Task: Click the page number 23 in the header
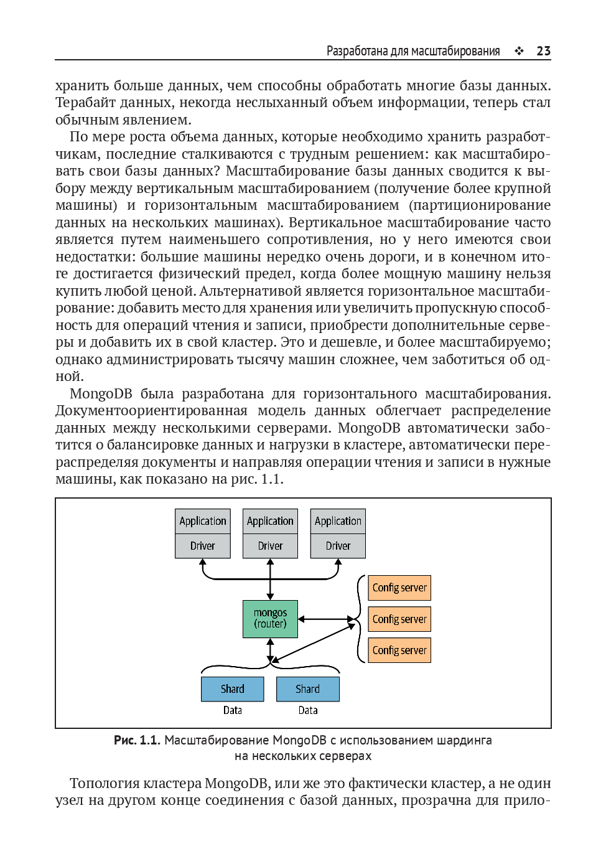coord(543,51)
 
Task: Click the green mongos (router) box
coord(270,619)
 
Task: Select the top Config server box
coord(399,588)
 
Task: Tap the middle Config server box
coord(399,619)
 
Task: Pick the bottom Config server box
coord(399,650)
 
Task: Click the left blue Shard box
coord(233,689)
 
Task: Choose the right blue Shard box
coord(308,689)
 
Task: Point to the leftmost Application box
coord(203,521)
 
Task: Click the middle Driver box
coord(270,546)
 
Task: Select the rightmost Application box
coord(338,521)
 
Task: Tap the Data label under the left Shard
coord(233,710)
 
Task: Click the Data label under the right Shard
coord(308,710)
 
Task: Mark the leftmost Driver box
coord(203,546)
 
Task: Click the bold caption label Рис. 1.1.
coord(137,740)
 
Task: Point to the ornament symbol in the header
coord(519,51)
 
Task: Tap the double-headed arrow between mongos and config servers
coord(325,619)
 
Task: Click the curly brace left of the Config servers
coord(360,619)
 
